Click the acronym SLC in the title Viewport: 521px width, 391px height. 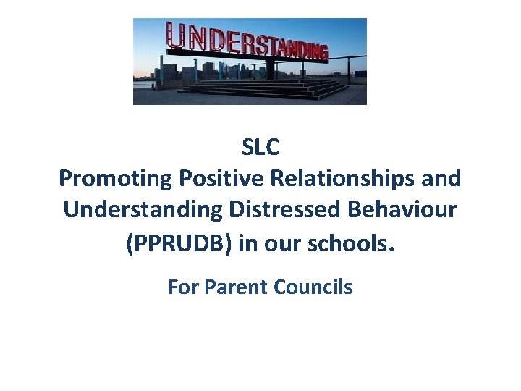pos(260,148)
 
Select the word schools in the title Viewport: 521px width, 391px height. pos(352,243)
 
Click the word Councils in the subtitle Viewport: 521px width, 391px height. pos(313,287)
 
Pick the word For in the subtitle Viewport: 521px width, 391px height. pos(184,287)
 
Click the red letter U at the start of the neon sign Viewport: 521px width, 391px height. pos(175,36)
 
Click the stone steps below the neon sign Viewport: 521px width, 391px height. pos(260,90)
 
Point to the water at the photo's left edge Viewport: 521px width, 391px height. pos(142,85)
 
